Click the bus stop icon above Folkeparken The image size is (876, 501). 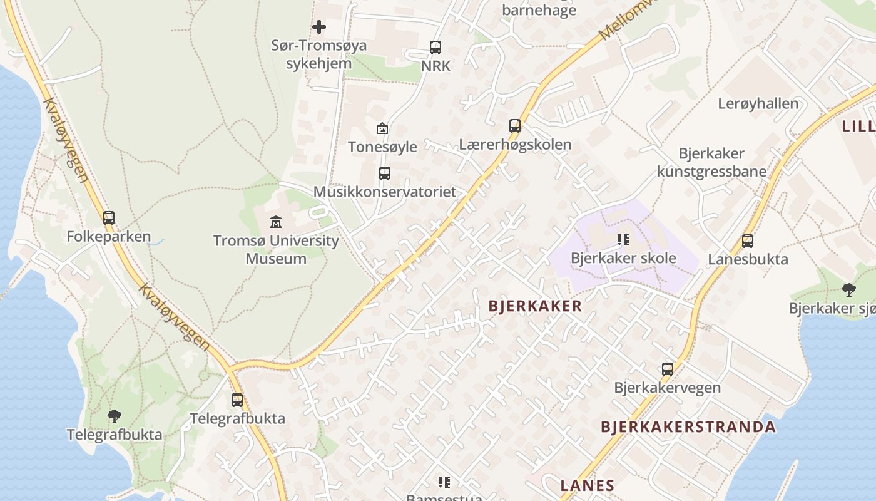click(109, 218)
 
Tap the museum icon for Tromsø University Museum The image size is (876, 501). click(275, 222)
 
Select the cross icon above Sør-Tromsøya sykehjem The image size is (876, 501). click(319, 27)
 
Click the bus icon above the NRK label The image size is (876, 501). click(435, 48)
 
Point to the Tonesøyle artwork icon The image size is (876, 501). click(382, 128)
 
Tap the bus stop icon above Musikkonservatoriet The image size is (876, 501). click(385, 173)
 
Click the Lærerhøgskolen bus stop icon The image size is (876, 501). click(515, 126)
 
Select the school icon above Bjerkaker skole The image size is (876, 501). click(623, 239)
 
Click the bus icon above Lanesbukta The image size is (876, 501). click(748, 241)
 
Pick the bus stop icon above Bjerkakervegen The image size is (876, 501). click(668, 369)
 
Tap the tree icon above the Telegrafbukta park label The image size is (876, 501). click(114, 416)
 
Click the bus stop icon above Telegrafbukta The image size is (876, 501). click(237, 400)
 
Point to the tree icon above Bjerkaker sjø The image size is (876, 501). click(848, 289)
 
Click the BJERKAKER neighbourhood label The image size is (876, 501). click(535, 306)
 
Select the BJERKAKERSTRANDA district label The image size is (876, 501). click(688, 427)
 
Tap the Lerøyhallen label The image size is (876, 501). click(758, 104)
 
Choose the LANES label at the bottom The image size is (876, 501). click(587, 485)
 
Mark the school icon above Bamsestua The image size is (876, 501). click(444, 482)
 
